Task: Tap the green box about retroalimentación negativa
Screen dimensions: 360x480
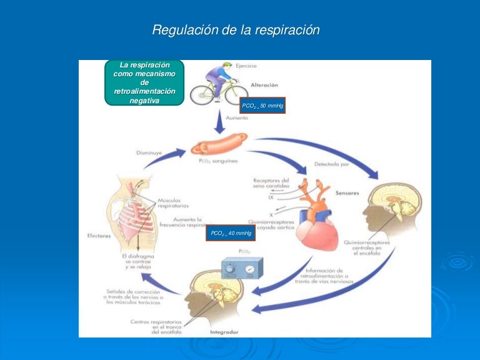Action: (x=144, y=82)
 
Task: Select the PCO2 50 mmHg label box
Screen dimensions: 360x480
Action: (x=262, y=106)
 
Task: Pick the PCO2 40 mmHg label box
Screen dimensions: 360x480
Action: (x=231, y=233)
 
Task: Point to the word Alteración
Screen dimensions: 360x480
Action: (x=264, y=84)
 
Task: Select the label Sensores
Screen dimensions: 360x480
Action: (x=347, y=194)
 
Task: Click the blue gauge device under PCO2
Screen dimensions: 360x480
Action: (x=243, y=271)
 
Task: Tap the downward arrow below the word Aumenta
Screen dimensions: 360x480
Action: (x=219, y=125)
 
